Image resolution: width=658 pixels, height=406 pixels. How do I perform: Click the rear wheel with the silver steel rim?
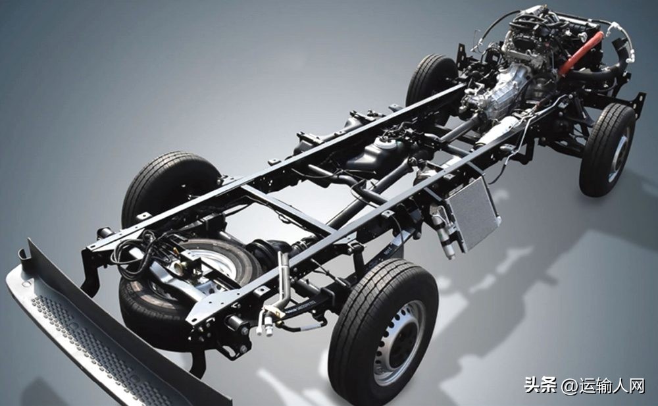pyautogui.click(x=384, y=332)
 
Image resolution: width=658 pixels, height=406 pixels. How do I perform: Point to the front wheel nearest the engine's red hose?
pyautogui.click(x=607, y=150)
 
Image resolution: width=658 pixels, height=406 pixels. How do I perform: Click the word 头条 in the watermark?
pyautogui.click(x=540, y=384)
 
